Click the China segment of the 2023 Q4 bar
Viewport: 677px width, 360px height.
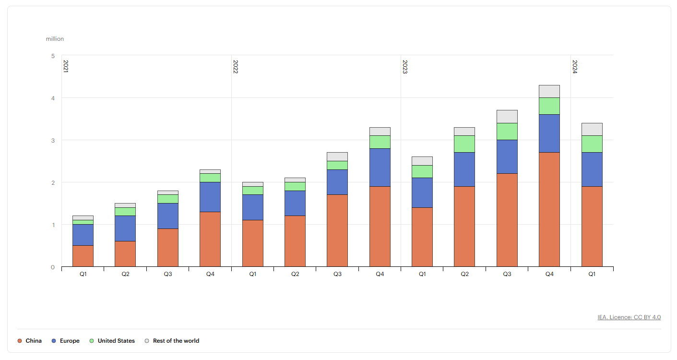coord(549,209)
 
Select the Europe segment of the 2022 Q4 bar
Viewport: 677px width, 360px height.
coord(380,168)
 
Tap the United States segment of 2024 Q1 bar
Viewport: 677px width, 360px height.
coord(592,144)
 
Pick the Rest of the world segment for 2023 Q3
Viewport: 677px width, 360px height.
coord(507,117)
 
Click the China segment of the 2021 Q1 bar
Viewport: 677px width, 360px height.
coord(83,256)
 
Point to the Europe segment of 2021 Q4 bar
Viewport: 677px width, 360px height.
coord(210,197)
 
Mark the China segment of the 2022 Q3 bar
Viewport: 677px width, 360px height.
coord(337,230)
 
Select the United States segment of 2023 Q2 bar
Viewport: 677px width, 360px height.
coord(464,144)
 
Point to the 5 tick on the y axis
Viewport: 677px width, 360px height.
coord(53,56)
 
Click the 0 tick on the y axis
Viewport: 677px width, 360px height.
coord(53,267)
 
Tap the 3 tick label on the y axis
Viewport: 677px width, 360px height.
coord(53,141)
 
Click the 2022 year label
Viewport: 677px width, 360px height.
coord(236,66)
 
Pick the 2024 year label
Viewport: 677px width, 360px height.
coord(575,66)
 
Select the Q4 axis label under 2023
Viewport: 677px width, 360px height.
coord(549,274)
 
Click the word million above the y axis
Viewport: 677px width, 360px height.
coord(55,39)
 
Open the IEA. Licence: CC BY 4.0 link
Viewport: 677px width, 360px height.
coord(629,317)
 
